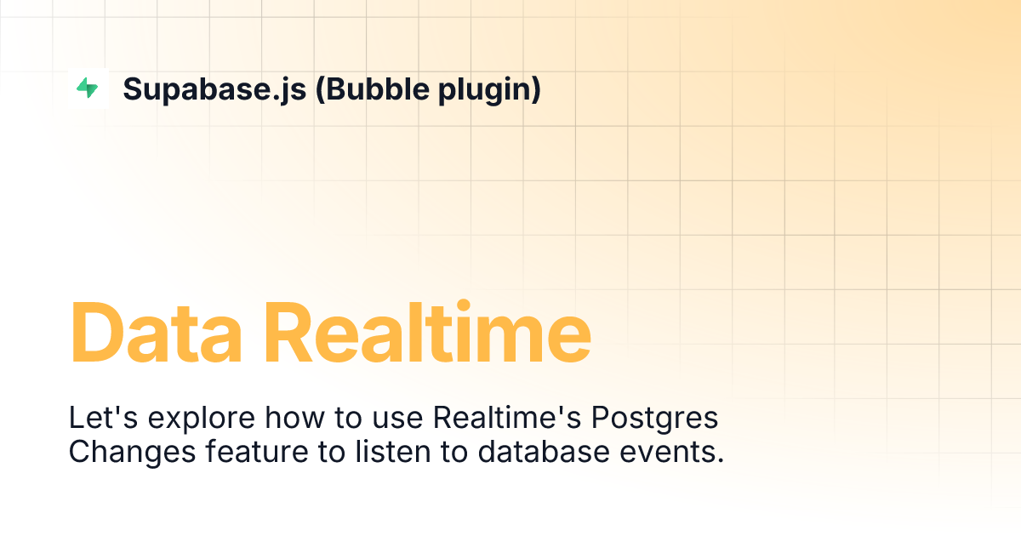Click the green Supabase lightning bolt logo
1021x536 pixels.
point(88,88)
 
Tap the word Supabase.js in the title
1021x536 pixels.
point(214,89)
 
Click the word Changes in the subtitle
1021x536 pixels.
point(132,452)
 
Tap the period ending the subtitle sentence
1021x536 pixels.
point(719,460)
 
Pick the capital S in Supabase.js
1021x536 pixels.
point(133,89)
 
